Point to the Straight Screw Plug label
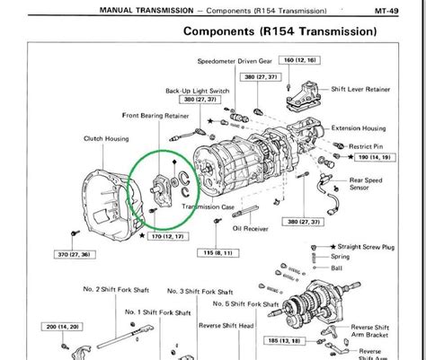384,245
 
